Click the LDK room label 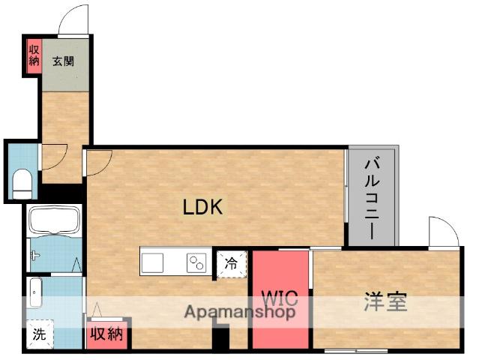[202, 207]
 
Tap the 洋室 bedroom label [386, 303]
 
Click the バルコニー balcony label [373, 196]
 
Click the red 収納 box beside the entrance [33, 57]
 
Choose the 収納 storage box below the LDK [106, 334]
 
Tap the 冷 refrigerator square [232, 263]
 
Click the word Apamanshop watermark [240, 312]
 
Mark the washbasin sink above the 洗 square [34, 292]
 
